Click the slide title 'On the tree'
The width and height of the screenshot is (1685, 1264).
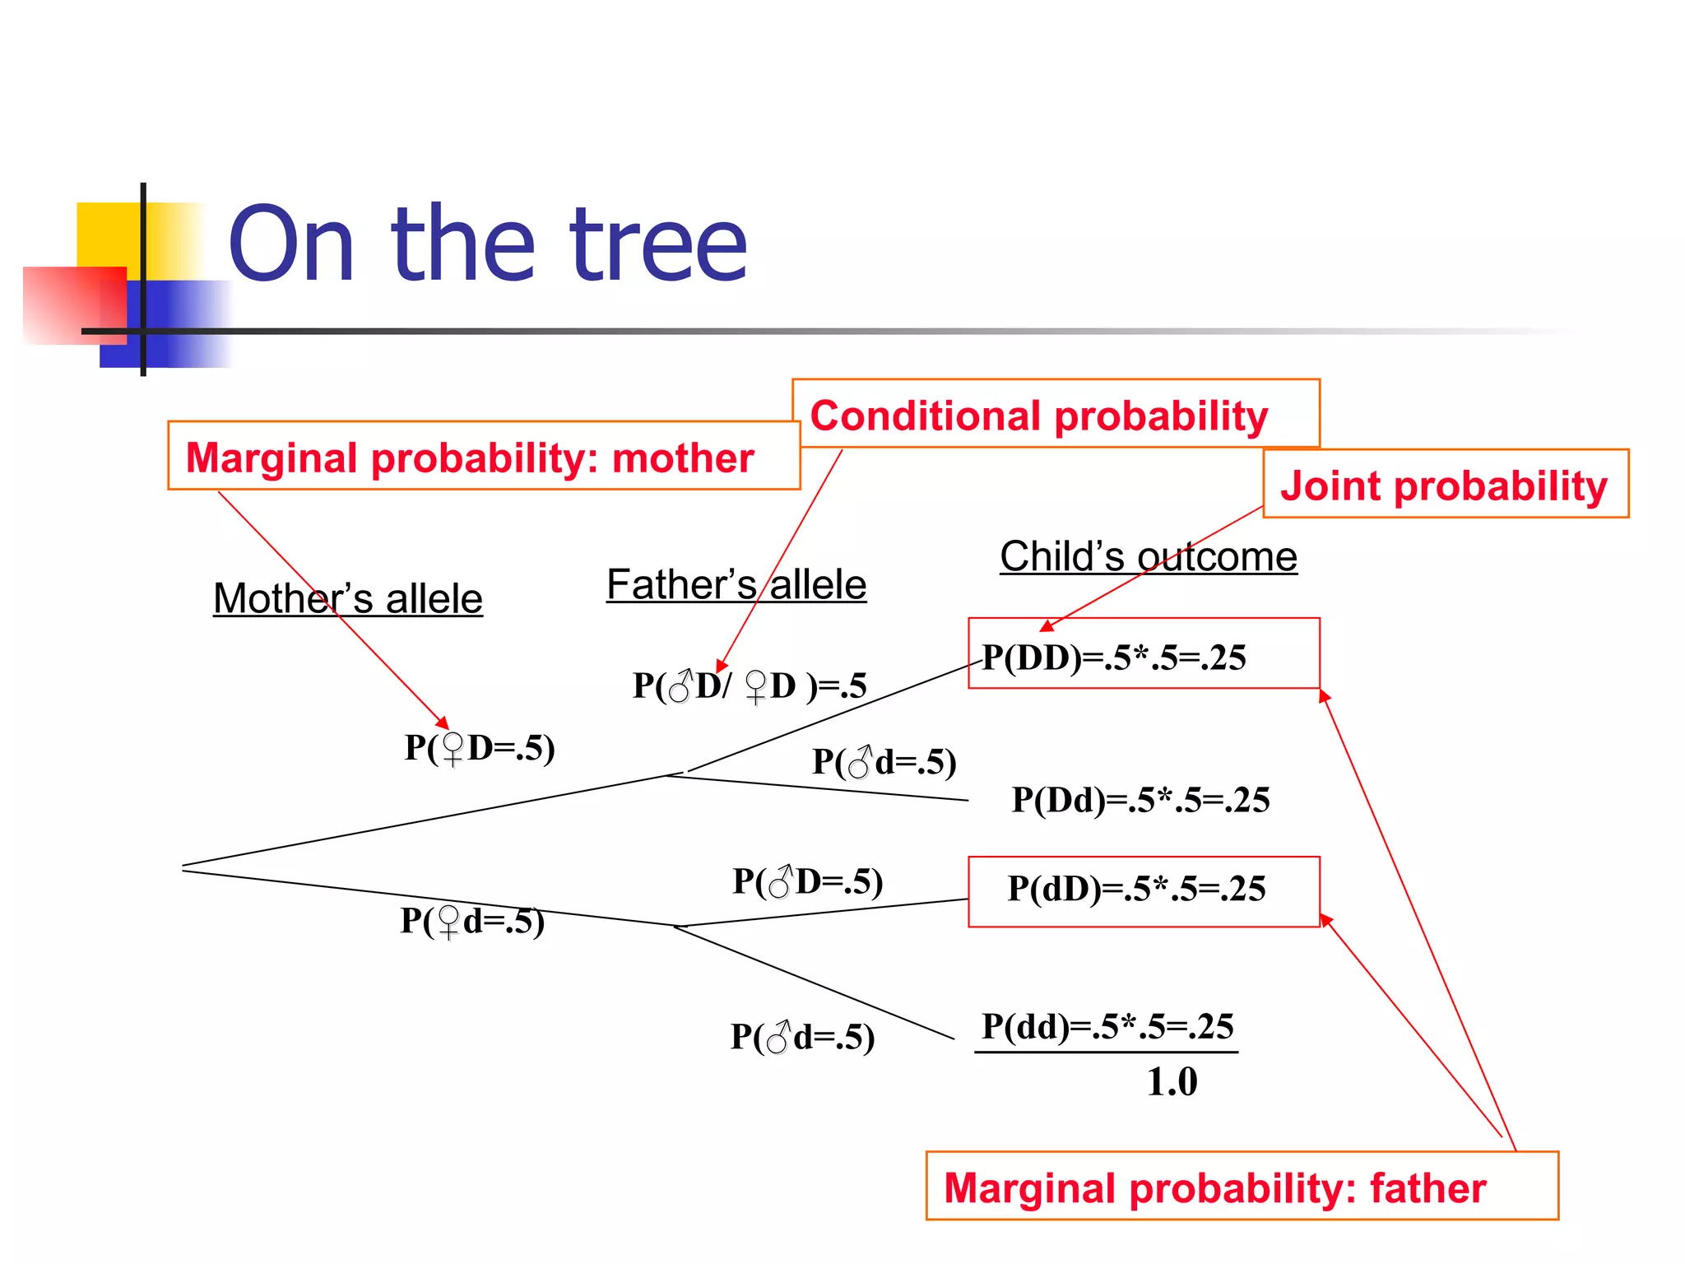[487, 244]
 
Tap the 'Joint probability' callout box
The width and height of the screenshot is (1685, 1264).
[1444, 485]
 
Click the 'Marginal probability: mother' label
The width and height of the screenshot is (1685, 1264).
[470, 458]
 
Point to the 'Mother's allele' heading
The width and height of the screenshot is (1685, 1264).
[347, 598]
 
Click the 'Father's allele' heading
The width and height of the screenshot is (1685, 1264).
[736, 585]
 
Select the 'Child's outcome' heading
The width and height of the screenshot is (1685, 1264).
[1148, 557]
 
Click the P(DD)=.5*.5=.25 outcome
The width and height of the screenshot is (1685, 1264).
[1115, 657]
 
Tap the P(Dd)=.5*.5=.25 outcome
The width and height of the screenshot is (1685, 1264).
[1140, 800]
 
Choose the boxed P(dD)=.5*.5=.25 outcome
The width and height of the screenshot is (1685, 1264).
[1136, 889]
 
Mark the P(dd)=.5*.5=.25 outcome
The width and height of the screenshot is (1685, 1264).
[1107, 1026]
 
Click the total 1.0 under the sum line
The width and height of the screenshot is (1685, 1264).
[1172, 1081]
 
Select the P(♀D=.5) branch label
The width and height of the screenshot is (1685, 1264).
[480, 747]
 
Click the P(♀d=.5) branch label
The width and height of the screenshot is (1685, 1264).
[472, 920]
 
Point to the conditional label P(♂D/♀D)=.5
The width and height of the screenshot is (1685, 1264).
[750, 685]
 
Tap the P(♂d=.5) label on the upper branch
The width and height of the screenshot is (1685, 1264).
[884, 762]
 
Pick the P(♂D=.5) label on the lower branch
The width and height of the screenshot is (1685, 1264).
[808, 881]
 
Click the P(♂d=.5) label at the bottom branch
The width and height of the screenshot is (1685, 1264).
[802, 1037]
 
